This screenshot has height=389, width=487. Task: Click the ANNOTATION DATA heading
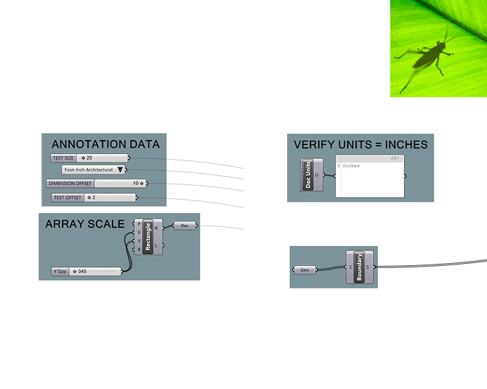tap(106, 144)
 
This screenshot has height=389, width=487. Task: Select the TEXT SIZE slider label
tap(63, 158)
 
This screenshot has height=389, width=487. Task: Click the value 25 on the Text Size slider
tap(89, 158)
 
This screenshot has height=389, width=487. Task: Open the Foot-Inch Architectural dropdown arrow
tap(121, 170)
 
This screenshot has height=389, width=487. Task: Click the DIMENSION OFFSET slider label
tap(70, 184)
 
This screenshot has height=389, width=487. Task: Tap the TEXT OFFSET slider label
tap(68, 198)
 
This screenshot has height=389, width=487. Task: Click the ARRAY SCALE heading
tap(84, 224)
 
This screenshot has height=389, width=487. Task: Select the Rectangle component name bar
tap(148, 236)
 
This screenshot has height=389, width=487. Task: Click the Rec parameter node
tap(184, 226)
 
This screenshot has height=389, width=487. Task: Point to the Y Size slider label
tap(60, 271)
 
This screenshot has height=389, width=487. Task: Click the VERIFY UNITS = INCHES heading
tap(360, 144)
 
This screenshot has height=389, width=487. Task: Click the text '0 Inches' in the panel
tap(350, 166)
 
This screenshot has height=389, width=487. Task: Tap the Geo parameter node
tap(305, 269)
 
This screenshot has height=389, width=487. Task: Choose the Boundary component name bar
tap(358, 267)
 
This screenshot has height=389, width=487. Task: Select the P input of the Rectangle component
tap(139, 223)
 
